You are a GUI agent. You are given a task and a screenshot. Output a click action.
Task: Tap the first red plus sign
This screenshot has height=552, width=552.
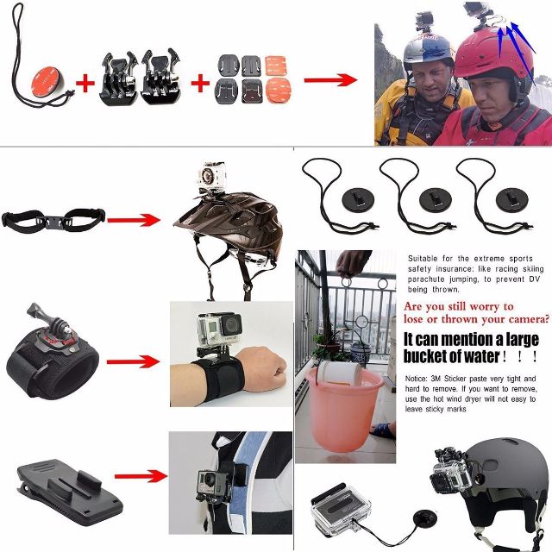point(85,83)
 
